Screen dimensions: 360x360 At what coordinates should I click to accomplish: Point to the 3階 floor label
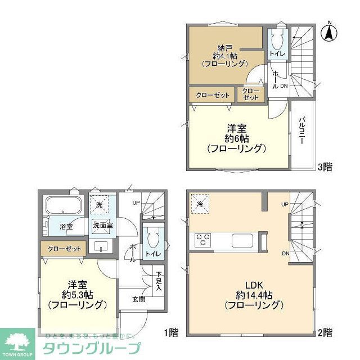[325, 166]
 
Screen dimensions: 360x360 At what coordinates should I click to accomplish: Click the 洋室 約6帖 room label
[236, 138]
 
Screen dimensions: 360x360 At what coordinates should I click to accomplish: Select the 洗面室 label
[102, 226]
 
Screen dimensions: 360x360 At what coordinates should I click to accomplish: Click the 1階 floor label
[172, 332]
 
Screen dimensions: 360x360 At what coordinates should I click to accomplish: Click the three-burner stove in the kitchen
[202, 240]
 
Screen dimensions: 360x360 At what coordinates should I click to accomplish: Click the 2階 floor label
[325, 332]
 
